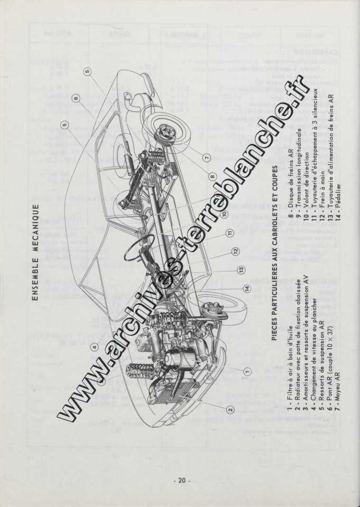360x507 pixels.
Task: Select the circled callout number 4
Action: (x=94, y=347)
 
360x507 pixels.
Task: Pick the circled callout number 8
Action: (x=212, y=177)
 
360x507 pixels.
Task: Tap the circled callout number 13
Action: (x=241, y=270)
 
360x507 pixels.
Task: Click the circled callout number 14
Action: (x=246, y=288)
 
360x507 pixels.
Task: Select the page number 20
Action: (x=180, y=480)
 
